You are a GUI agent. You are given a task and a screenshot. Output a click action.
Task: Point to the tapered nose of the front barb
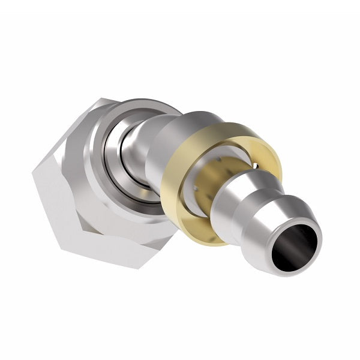pos(282,210)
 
